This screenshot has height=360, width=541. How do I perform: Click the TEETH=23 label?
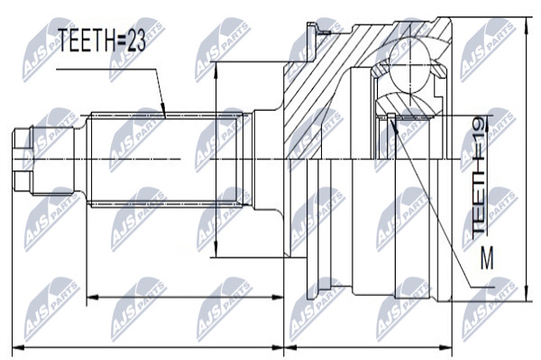coord(101,40)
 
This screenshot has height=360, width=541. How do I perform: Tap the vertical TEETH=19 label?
coord(480,180)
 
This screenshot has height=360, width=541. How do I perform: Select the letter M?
coord(487,257)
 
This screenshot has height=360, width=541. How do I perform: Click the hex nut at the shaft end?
coord(23,160)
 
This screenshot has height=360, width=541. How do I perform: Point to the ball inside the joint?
coord(410,66)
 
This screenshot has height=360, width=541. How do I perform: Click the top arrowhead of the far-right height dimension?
coord(526,25)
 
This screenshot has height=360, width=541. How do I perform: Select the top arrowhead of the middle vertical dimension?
coord(215,70)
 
